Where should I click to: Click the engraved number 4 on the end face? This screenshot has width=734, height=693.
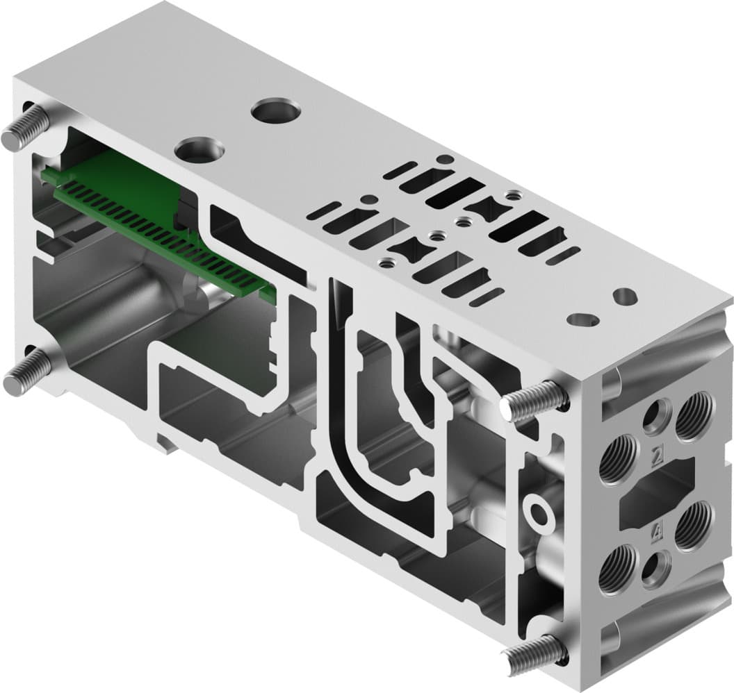click(657, 533)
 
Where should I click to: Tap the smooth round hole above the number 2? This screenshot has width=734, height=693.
click(655, 417)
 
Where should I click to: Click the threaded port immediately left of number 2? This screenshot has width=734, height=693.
click(618, 458)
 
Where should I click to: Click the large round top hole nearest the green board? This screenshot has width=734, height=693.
click(199, 150)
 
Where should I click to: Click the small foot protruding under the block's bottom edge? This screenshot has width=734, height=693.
click(166, 442)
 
